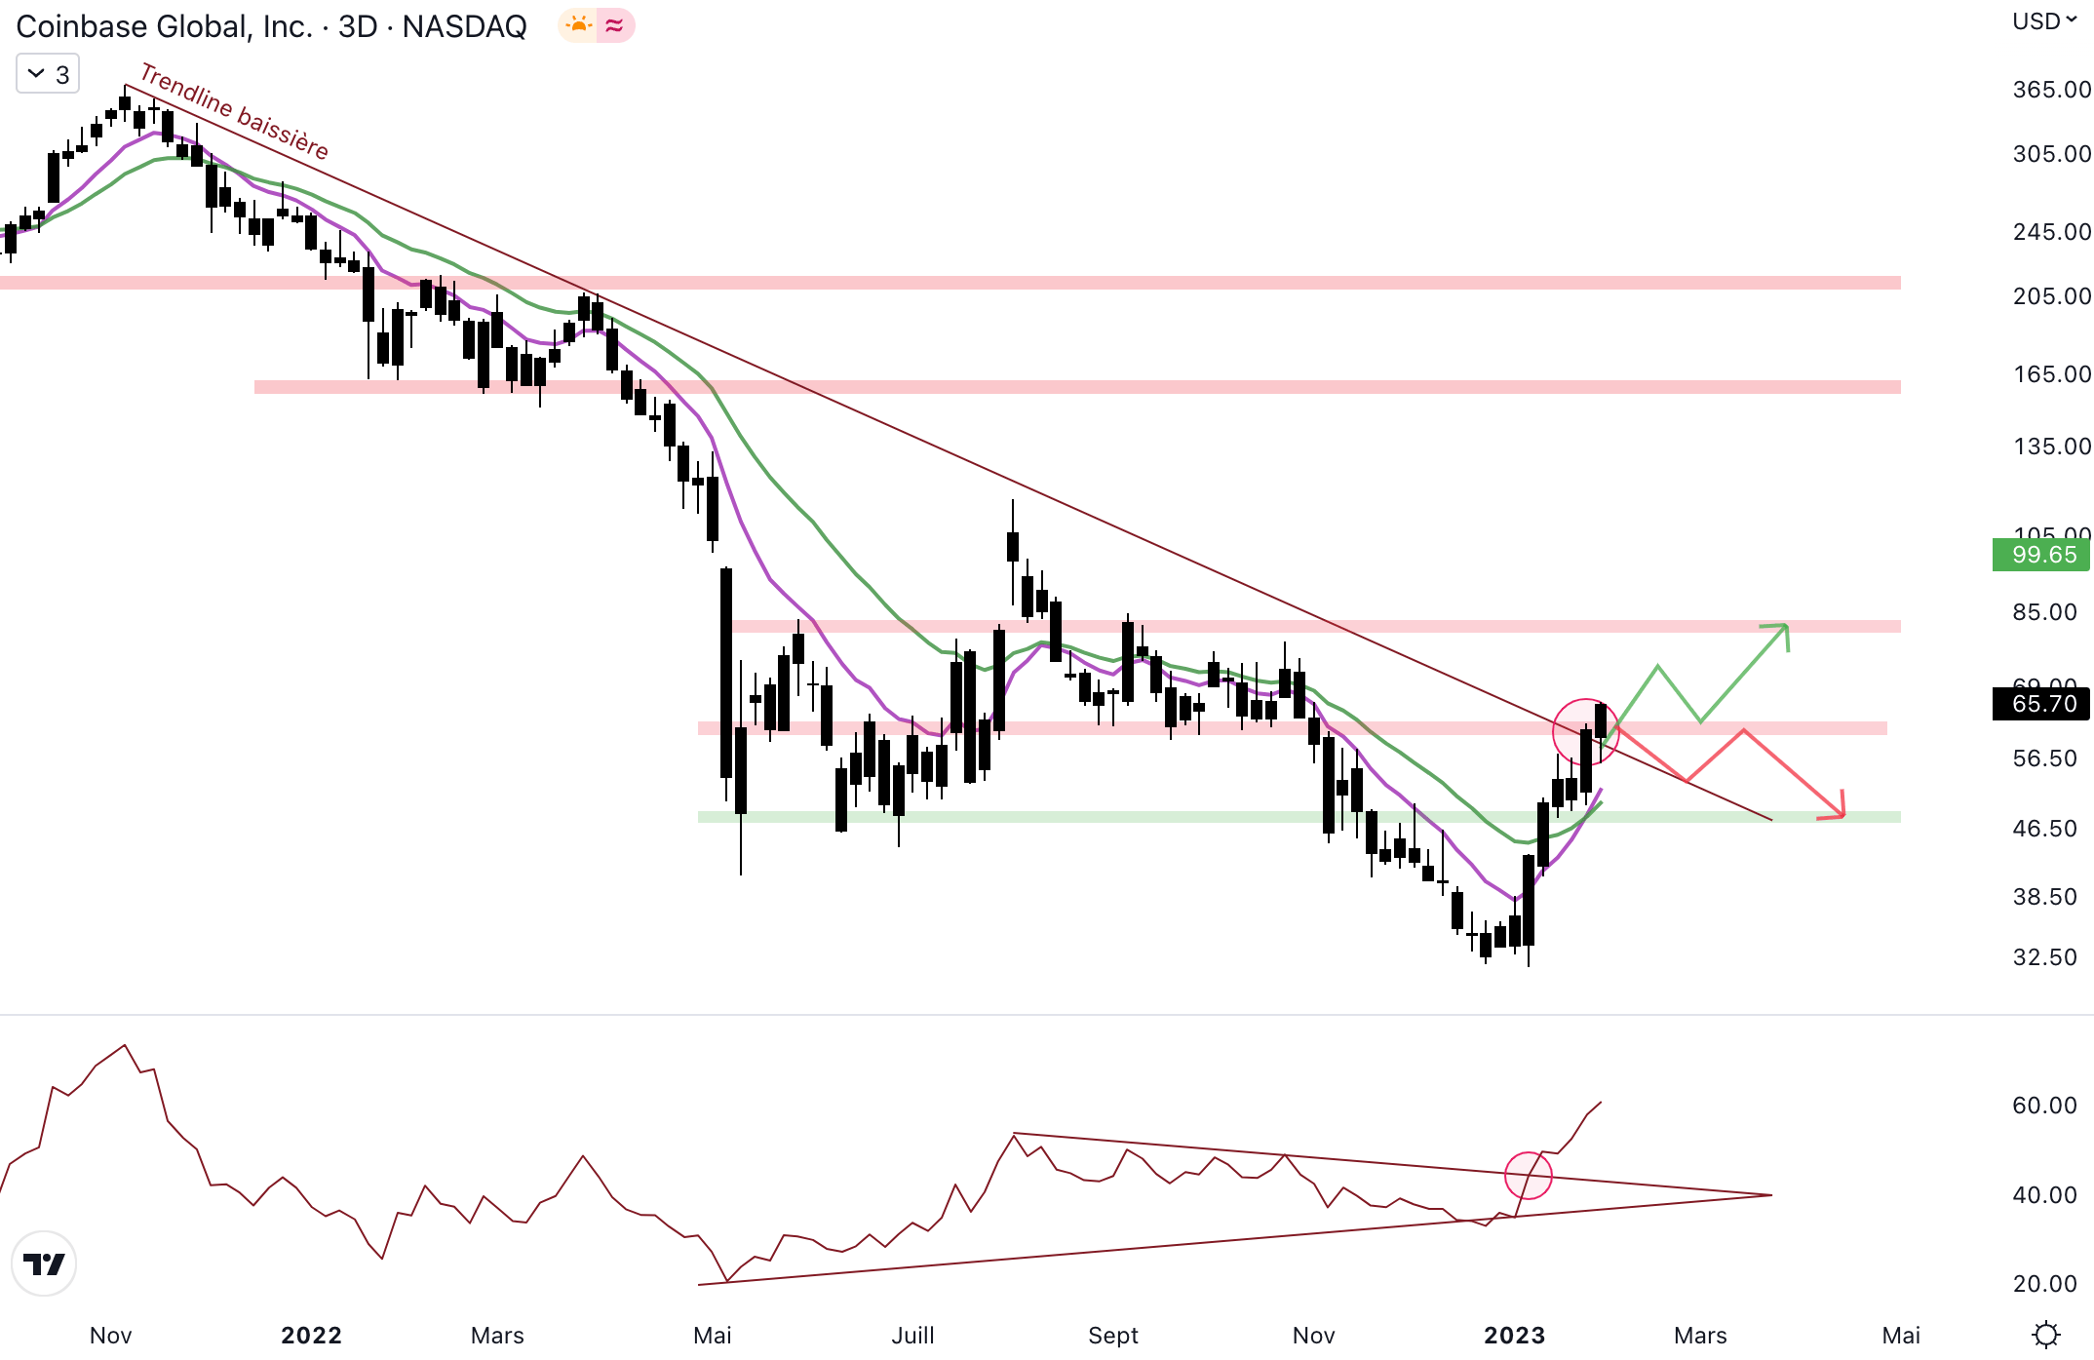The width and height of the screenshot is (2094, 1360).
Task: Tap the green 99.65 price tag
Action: pos(2043,555)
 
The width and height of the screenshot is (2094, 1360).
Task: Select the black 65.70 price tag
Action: pos(2043,704)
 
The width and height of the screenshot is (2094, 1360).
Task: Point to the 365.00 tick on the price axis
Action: pos(2051,90)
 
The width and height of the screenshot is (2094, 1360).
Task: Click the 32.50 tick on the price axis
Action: pos(2044,957)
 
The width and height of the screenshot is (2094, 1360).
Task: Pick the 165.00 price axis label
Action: pos(2051,374)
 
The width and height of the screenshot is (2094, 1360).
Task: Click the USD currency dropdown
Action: pos(2044,21)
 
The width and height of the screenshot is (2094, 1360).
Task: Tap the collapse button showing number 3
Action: pos(48,74)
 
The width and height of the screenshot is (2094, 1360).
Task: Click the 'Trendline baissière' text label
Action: pos(234,111)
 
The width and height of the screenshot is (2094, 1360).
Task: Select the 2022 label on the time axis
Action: pos(311,1335)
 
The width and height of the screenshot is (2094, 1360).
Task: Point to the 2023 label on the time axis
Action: pos(1514,1335)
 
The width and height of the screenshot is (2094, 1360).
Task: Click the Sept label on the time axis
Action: pos(1113,1335)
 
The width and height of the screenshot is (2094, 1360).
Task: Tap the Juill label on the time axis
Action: pos(912,1335)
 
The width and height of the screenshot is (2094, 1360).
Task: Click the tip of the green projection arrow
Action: pos(1786,626)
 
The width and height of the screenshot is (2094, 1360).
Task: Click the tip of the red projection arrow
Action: pos(1842,815)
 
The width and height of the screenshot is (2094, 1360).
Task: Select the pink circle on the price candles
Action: pos(1585,731)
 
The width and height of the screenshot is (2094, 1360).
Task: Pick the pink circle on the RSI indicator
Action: pos(1528,1175)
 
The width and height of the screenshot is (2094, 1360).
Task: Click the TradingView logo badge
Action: pos(44,1263)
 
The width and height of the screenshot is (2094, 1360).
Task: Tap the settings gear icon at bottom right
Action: pos(2045,1334)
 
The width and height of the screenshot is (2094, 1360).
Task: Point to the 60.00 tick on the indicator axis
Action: pos(2044,1106)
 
